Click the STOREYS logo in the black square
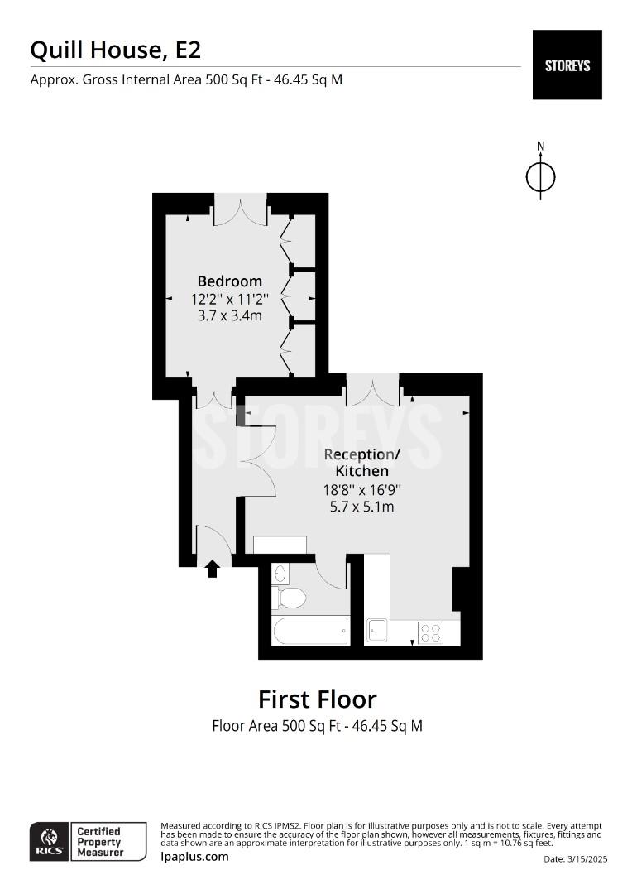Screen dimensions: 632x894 tap(567, 65)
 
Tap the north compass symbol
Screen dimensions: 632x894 tap(540, 171)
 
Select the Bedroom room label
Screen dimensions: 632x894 tap(230, 281)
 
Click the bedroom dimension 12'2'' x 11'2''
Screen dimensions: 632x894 tap(230, 299)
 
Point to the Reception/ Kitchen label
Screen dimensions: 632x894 tap(361, 463)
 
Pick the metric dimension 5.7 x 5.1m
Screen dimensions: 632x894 tap(361, 507)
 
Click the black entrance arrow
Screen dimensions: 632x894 tap(213, 569)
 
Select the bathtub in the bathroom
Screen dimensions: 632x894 tap(310, 631)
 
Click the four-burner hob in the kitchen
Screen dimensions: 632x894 tap(431, 633)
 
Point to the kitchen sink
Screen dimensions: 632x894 tap(376, 631)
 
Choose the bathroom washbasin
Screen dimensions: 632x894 tap(280, 574)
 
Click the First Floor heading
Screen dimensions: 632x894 tap(318, 699)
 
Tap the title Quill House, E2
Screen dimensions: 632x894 tap(116, 50)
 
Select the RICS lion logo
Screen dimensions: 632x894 tap(50, 842)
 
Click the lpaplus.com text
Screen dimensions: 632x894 tap(194, 857)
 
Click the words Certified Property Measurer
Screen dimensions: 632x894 tap(100, 842)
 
